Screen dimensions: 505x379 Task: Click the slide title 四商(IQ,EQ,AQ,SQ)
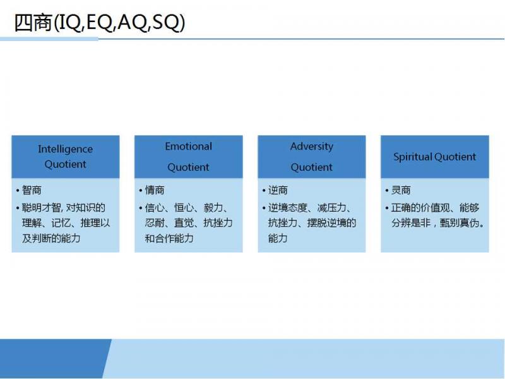[x=100, y=23]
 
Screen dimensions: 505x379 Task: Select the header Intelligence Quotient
[x=66, y=157]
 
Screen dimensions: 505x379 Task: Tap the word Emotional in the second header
[x=188, y=147]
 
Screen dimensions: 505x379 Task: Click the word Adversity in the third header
[x=311, y=147]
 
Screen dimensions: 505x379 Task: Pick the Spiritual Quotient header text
[x=434, y=157]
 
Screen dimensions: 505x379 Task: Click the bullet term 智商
[x=32, y=190]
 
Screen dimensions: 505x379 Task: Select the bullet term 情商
[x=155, y=190]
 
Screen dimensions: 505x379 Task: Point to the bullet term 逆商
[x=278, y=190]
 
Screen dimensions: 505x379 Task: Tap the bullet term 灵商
[x=401, y=190]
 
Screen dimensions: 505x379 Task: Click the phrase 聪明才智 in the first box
[x=41, y=208]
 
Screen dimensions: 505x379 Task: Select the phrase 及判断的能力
[x=51, y=238]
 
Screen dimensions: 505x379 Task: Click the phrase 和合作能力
[x=169, y=238]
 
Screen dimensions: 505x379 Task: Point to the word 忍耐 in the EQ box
[x=155, y=223]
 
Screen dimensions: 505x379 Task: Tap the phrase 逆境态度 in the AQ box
[x=287, y=208]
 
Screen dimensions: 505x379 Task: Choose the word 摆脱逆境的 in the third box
[x=331, y=223]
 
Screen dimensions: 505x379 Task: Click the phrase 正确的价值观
[x=420, y=208]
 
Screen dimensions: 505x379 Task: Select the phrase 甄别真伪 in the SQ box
[x=460, y=223]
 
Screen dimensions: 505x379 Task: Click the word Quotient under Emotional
[x=188, y=167]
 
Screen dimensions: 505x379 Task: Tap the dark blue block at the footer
[x=56, y=358]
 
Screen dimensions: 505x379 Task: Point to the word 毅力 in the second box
[x=213, y=208]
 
